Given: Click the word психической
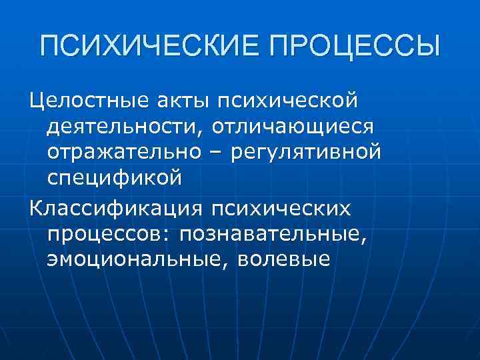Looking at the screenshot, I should click(284, 101).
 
